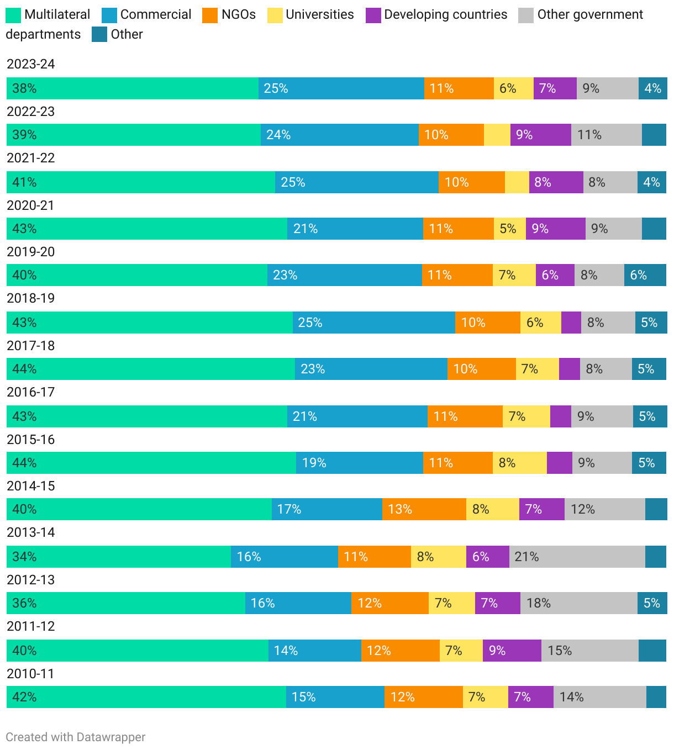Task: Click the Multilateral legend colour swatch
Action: click(x=13, y=15)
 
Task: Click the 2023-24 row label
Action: click(x=31, y=64)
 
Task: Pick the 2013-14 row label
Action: click(x=31, y=532)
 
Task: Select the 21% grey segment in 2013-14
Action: click(x=577, y=557)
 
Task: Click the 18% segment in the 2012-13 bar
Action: click(x=578, y=603)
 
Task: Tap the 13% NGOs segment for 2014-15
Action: click(x=424, y=509)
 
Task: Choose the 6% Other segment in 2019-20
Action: click(x=645, y=275)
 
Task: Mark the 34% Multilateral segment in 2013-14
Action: click(x=119, y=557)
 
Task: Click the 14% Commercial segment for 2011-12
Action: click(x=314, y=651)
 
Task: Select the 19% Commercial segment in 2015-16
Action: click(x=359, y=463)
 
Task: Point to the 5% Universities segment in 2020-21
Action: click(x=509, y=229)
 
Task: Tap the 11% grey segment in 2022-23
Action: click(x=606, y=135)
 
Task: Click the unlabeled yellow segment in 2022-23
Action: click(x=497, y=135)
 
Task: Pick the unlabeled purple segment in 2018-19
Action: click(x=571, y=323)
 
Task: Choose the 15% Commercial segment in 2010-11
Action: click(x=335, y=697)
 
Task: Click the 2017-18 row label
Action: click(x=31, y=346)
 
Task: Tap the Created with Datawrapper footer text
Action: click(x=76, y=737)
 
